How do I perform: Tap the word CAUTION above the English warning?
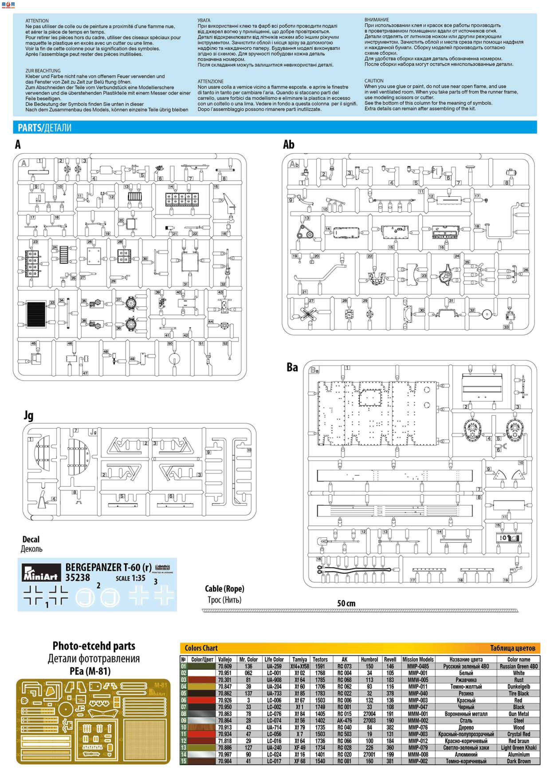click(374, 81)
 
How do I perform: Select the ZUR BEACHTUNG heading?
click(43, 71)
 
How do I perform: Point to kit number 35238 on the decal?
click(78, 577)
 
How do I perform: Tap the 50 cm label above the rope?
click(346, 603)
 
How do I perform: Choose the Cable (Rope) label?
click(224, 589)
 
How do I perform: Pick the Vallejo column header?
click(225, 659)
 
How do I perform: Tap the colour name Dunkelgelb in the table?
click(519, 686)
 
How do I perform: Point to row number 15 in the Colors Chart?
click(183, 761)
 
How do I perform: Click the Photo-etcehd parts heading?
click(94, 646)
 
